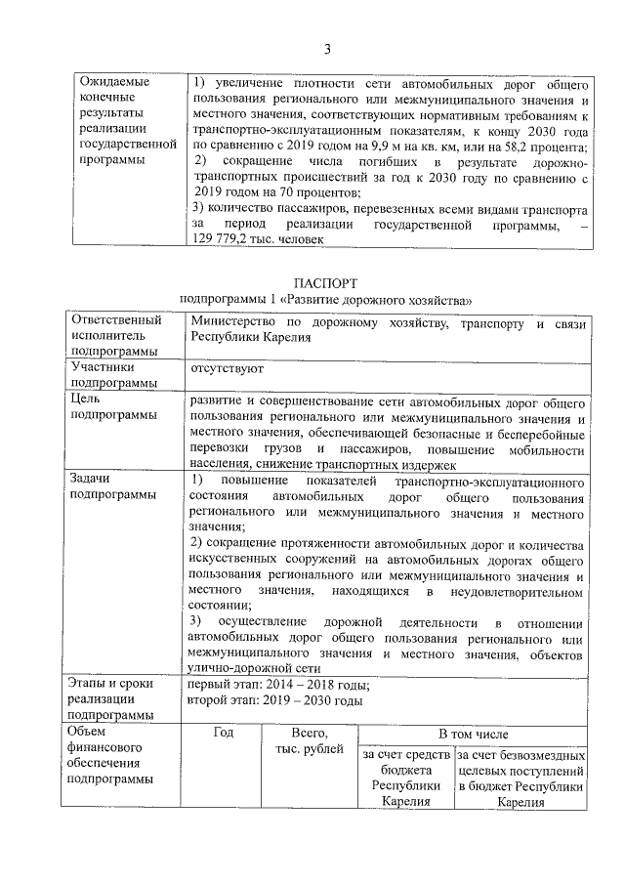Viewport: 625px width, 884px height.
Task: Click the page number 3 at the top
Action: click(x=328, y=49)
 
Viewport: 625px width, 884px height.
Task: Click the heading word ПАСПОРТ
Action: click(x=326, y=280)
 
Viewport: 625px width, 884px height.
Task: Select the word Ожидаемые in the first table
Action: click(x=113, y=82)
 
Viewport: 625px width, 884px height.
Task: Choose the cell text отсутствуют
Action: click(x=227, y=368)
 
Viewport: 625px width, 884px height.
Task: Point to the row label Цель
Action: click(x=84, y=399)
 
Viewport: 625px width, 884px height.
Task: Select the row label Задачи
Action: click(x=90, y=479)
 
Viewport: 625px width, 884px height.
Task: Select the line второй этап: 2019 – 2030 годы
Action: click(x=275, y=700)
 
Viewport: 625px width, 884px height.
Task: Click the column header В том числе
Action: click(x=473, y=734)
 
